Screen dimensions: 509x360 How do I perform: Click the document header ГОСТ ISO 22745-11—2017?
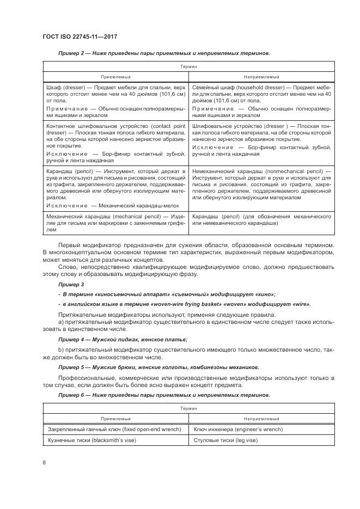[80, 37]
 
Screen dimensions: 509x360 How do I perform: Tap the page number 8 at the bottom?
[44, 462]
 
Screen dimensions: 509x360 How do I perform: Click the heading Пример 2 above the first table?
[69, 53]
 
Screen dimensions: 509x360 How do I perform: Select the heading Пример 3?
[71, 285]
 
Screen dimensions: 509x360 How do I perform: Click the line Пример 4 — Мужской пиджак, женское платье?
[123, 339]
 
